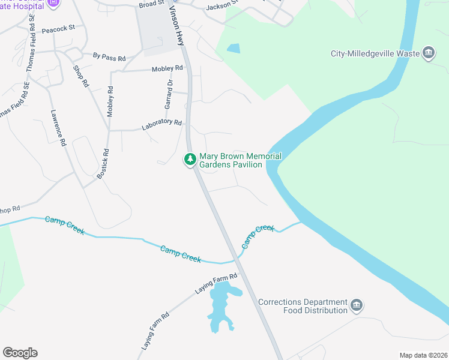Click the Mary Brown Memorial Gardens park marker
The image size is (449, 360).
[x=190, y=160]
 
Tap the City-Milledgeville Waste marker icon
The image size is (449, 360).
[x=429, y=53]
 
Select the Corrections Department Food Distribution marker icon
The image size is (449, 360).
[x=357, y=306]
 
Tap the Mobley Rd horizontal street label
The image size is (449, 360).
[x=167, y=69]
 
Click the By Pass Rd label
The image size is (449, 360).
[x=109, y=58]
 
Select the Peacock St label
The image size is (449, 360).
[x=59, y=28]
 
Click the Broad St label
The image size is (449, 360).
[x=151, y=4]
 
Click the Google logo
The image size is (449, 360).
[x=20, y=353]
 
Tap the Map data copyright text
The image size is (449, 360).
[x=423, y=355]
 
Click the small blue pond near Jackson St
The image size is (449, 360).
[x=233, y=48]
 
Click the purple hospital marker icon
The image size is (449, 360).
[x=53, y=3]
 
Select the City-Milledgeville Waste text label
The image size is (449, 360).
[x=375, y=53]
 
